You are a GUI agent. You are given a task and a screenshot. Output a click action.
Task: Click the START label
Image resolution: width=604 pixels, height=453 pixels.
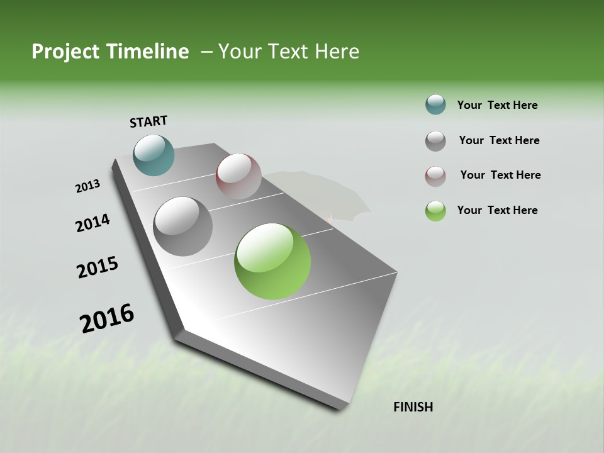coord(148,121)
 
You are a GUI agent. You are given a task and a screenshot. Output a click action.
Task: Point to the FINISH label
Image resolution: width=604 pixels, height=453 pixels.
coord(413,407)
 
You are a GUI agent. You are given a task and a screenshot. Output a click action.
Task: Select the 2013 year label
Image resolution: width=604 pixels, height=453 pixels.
coord(88,186)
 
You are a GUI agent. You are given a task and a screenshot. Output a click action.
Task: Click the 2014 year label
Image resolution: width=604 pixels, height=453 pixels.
coord(93,223)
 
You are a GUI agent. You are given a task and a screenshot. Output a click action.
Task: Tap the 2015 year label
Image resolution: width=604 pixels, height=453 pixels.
coord(98,267)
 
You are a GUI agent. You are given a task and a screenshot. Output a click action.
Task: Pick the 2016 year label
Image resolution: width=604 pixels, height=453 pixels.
coord(107,318)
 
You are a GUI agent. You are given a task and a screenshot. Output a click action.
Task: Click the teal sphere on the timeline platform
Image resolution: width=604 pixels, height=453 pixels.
coord(154,155)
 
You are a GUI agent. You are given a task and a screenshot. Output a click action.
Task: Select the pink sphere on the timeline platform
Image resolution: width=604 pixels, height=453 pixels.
coord(238,176)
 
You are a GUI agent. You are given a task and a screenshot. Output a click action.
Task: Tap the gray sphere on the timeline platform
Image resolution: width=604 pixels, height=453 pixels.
coord(183,226)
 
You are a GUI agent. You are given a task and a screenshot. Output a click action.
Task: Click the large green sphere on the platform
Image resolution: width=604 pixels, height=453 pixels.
coord(272,261)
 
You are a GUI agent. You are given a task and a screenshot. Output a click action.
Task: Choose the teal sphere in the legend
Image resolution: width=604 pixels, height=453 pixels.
coord(435,105)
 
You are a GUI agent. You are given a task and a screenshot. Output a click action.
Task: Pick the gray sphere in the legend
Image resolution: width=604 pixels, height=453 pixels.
coord(435,141)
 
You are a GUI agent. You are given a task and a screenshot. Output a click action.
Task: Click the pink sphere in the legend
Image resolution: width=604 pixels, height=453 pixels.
coord(435,176)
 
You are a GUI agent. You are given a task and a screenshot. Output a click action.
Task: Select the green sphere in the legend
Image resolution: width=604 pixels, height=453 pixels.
coord(435,211)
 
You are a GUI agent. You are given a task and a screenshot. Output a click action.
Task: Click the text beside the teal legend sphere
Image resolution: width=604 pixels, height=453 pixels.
coord(497,105)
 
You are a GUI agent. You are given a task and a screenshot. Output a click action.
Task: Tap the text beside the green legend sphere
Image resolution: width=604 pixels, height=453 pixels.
coord(497,210)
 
